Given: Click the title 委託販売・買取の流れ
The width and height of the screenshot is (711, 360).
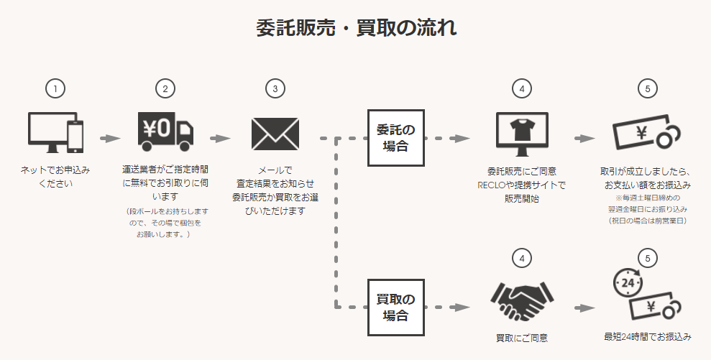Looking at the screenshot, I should (356, 28).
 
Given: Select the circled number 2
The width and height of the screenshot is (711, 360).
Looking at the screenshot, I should (165, 89).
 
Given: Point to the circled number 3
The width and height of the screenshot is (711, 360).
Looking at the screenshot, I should (275, 89).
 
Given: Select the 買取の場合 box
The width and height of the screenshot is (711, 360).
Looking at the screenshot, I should (395, 306).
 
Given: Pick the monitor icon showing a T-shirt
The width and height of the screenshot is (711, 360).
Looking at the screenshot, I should (523, 132).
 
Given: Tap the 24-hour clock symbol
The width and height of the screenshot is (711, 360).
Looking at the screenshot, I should (626, 284).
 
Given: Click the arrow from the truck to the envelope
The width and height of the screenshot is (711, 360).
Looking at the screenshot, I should (221, 137).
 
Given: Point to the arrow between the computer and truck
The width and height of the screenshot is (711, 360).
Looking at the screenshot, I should (110, 137).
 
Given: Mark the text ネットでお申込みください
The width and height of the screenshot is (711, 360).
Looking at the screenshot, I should (55, 177).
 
